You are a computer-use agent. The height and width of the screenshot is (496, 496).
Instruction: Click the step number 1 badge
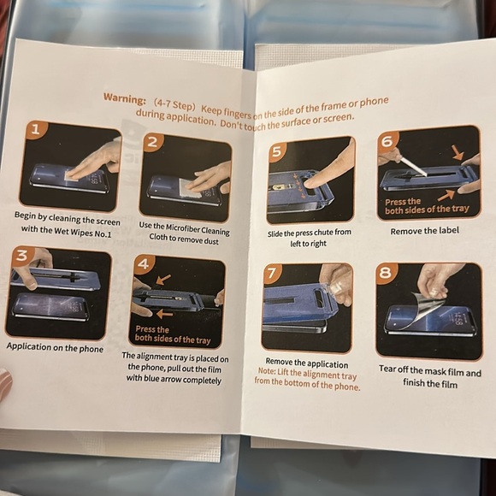(36, 130)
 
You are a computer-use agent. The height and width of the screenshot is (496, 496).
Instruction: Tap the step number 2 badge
(152, 142)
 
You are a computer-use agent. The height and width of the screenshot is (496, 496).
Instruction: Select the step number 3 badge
(21, 256)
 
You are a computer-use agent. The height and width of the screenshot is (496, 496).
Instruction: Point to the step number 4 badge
(144, 263)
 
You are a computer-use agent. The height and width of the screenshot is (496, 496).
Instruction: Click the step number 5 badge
(277, 151)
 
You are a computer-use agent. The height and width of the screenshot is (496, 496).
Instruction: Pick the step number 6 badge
(387, 141)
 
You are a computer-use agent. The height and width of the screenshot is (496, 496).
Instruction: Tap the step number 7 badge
(272, 273)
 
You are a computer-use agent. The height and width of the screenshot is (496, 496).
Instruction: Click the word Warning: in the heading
(125, 98)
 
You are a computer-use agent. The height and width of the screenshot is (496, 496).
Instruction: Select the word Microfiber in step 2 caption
(183, 227)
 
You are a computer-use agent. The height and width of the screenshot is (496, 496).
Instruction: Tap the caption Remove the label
(424, 231)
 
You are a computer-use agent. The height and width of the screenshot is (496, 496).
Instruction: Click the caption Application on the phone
(55, 347)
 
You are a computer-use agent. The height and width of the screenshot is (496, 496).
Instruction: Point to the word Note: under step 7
(267, 371)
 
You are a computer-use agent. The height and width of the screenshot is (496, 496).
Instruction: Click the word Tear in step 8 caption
(387, 369)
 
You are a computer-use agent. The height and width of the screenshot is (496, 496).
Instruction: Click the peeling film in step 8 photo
(427, 308)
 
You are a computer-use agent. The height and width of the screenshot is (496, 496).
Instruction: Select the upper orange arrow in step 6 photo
(458, 152)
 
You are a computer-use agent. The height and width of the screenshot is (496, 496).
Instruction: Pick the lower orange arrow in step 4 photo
(164, 314)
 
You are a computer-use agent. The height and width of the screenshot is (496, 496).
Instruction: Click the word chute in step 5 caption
(322, 233)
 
